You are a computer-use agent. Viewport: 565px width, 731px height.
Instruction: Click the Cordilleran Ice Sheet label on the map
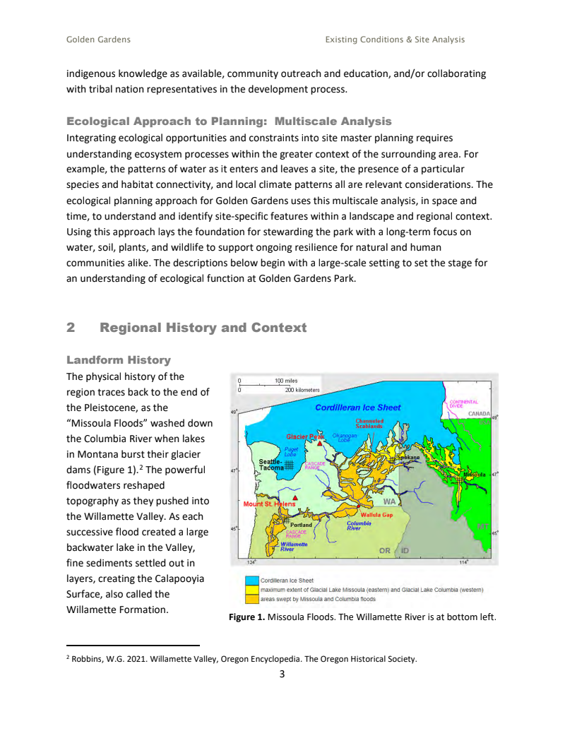[x=357, y=408]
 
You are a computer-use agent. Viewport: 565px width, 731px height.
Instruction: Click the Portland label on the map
[x=302, y=525]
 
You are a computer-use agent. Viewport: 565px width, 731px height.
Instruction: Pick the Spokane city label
[x=408, y=458]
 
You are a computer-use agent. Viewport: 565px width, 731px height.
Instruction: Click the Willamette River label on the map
[x=292, y=547]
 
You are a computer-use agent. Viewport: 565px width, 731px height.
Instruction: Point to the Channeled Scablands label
[x=369, y=424]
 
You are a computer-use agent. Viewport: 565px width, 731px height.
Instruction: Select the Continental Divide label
[x=464, y=404]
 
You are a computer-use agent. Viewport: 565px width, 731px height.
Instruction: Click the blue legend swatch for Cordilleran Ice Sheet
[x=251, y=581]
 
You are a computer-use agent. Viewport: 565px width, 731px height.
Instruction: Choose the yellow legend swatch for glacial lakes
[x=251, y=590]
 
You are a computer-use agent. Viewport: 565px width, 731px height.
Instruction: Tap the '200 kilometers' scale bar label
[x=302, y=390]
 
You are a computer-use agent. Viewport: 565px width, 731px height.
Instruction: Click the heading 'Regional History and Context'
[x=203, y=328]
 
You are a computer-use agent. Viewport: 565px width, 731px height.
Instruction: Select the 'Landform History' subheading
[x=119, y=360]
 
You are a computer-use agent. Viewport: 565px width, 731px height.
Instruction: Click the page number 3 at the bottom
[x=282, y=674]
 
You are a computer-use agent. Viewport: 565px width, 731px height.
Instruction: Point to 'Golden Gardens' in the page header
[x=98, y=40]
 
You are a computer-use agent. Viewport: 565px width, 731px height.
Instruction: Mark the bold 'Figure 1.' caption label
[x=247, y=617]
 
